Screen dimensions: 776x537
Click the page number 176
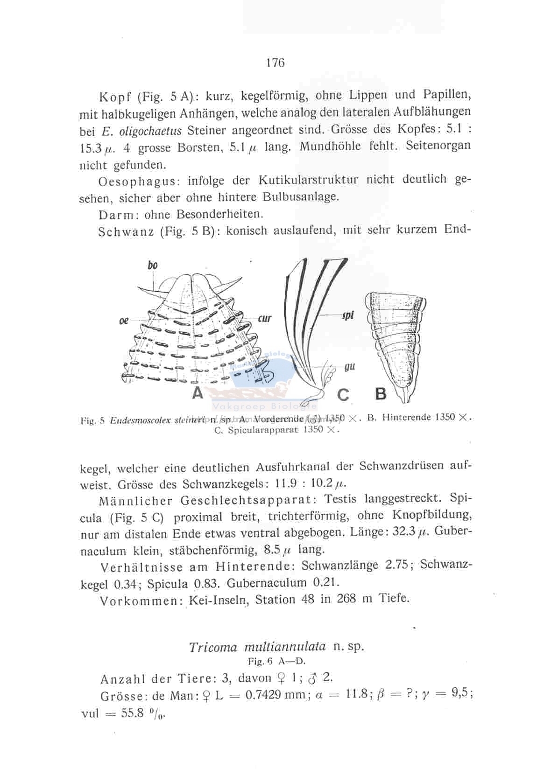pyautogui.click(x=275, y=63)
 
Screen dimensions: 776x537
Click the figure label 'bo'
pyautogui.click(x=152, y=265)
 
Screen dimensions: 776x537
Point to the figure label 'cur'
pyautogui.click(x=265, y=319)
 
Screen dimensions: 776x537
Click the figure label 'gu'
pyautogui.click(x=349, y=367)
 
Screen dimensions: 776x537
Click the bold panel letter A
pyautogui.click(x=198, y=392)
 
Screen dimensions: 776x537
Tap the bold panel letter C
pyautogui.click(x=343, y=395)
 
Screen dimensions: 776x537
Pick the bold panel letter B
pyautogui.click(x=381, y=394)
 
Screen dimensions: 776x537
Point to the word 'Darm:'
pyautogui.click(x=119, y=215)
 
